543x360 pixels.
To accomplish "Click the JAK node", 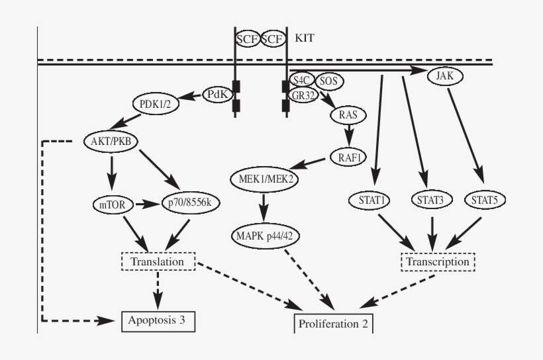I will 444,75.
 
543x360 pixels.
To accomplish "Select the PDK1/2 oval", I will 155,104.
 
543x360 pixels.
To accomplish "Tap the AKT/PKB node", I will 111,141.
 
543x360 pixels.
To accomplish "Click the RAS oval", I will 348,114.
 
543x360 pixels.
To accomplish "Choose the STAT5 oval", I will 485,199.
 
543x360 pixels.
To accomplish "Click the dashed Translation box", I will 157,261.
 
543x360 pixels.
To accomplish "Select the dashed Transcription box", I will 438,261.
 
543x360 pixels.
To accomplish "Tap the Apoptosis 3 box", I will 158,321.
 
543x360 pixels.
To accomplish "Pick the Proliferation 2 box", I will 333,324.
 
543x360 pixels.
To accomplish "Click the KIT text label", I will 305,38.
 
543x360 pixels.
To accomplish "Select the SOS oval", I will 328,81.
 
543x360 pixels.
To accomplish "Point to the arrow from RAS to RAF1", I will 348,136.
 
